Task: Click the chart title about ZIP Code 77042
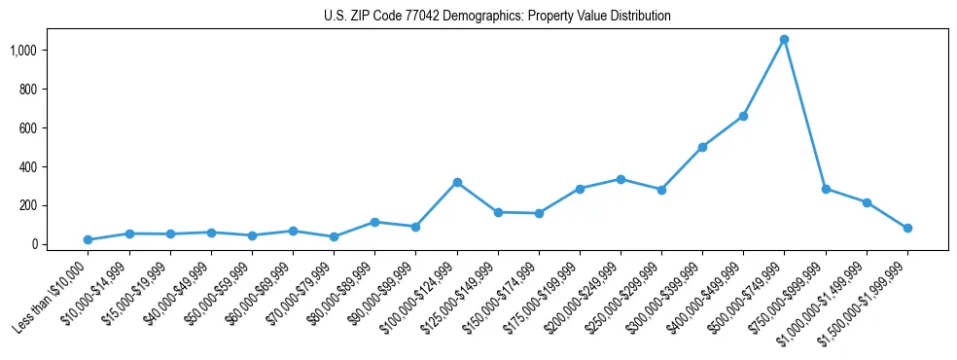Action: [x=497, y=17]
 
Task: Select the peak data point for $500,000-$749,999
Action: [x=784, y=40]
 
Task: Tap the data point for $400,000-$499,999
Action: [x=743, y=116]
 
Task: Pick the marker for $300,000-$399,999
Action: [x=702, y=147]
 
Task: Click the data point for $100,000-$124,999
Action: [x=457, y=182]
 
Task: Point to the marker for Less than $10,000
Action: [x=89, y=239]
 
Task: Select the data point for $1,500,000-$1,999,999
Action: [x=907, y=228]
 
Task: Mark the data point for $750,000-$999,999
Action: [x=826, y=189]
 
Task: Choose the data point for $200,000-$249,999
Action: [x=620, y=179]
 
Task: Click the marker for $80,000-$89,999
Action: [x=375, y=222]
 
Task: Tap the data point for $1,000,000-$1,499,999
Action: [x=867, y=202]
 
